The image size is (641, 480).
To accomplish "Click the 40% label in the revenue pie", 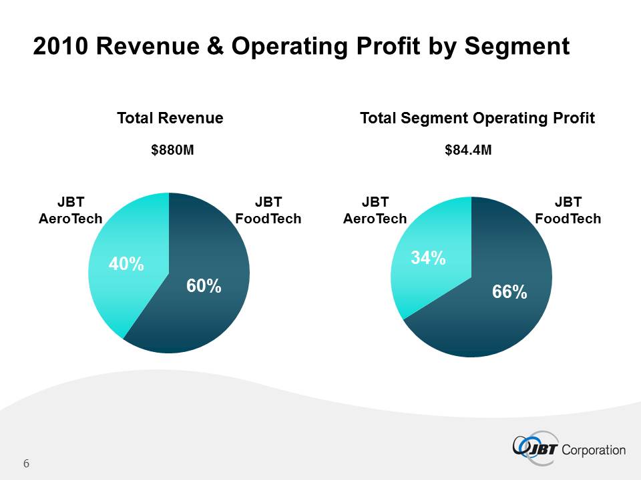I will pos(127,265).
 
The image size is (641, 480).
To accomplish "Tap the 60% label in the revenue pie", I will pos(204,286).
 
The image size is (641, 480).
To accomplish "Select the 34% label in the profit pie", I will pos(428,258).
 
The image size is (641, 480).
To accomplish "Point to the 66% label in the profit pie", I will pos(509,291).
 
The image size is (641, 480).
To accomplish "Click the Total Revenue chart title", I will pos(170,119).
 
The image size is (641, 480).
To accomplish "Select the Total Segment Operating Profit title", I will pos(477,119).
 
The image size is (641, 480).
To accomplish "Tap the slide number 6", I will pos(27,464).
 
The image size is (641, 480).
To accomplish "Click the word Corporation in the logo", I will pos(595,450).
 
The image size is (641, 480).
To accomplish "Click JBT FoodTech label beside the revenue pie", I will pos(268,210).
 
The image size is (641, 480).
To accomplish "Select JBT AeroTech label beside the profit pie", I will pos(375,210).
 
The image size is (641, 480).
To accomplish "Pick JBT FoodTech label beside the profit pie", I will pos(568,210).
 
